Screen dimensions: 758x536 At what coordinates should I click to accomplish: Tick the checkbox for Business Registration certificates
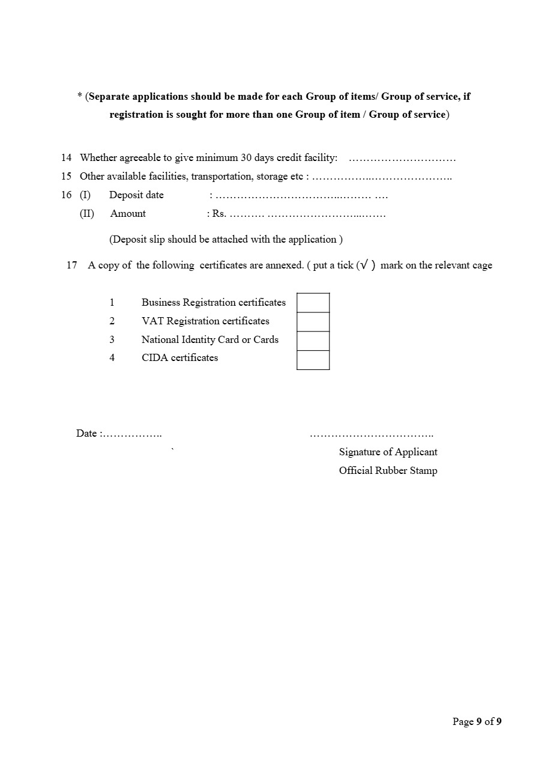313,303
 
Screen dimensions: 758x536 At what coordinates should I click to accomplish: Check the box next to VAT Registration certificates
313,322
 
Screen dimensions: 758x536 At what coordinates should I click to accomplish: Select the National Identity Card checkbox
313,341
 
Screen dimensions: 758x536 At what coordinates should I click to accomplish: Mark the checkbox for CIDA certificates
313,360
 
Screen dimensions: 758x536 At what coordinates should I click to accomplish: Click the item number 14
66,158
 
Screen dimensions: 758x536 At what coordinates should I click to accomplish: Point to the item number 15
66,177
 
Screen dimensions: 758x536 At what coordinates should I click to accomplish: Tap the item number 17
72,265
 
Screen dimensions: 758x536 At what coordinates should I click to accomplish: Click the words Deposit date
136,195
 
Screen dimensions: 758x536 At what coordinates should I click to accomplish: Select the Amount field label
128,214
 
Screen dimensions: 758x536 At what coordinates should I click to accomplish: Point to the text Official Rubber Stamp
388,471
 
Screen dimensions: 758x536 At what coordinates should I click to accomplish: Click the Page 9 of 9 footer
477,722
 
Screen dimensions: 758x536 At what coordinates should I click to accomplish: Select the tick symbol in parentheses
364,265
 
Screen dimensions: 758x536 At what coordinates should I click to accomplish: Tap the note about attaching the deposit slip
226,240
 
